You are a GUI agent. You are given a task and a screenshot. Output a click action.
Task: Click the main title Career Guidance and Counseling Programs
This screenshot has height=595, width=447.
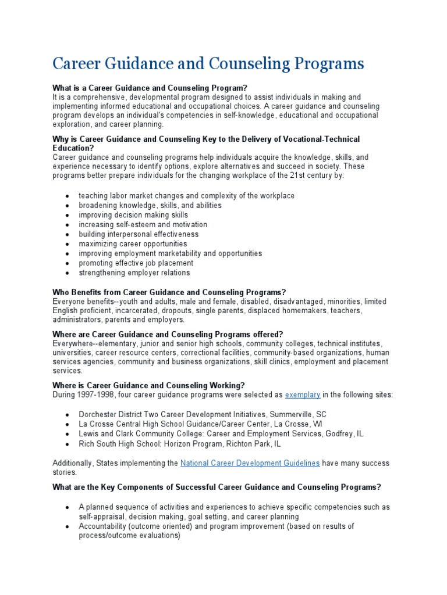click(x=208, y=63)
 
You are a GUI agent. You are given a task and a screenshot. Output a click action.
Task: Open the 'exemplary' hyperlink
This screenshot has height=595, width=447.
click(x=302, y=395)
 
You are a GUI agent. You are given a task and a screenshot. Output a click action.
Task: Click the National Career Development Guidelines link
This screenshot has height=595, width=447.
click(x=250, y=463)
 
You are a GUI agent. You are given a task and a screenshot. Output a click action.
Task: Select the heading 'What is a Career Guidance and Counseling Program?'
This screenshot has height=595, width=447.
click(x=146, y=88)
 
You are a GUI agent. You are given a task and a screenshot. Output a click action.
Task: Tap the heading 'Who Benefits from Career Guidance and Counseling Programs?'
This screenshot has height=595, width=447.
click(x=169, y=292)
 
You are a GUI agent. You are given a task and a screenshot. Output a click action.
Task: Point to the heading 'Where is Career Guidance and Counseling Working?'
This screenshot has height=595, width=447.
click(x=149, y=385)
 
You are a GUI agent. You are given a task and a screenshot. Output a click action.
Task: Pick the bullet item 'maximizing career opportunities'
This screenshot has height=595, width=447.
click(x=133, y=244)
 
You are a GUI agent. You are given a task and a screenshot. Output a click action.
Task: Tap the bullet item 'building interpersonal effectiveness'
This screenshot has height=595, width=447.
click(x=139, y=234)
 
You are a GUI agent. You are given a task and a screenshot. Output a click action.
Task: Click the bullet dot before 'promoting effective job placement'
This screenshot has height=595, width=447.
click(x=68, y=264)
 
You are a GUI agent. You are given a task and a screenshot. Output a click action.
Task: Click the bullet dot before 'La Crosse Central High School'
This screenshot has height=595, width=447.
click(x=68, y=425)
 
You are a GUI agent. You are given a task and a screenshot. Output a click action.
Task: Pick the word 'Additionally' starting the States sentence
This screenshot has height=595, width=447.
click(x=73, y=463)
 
